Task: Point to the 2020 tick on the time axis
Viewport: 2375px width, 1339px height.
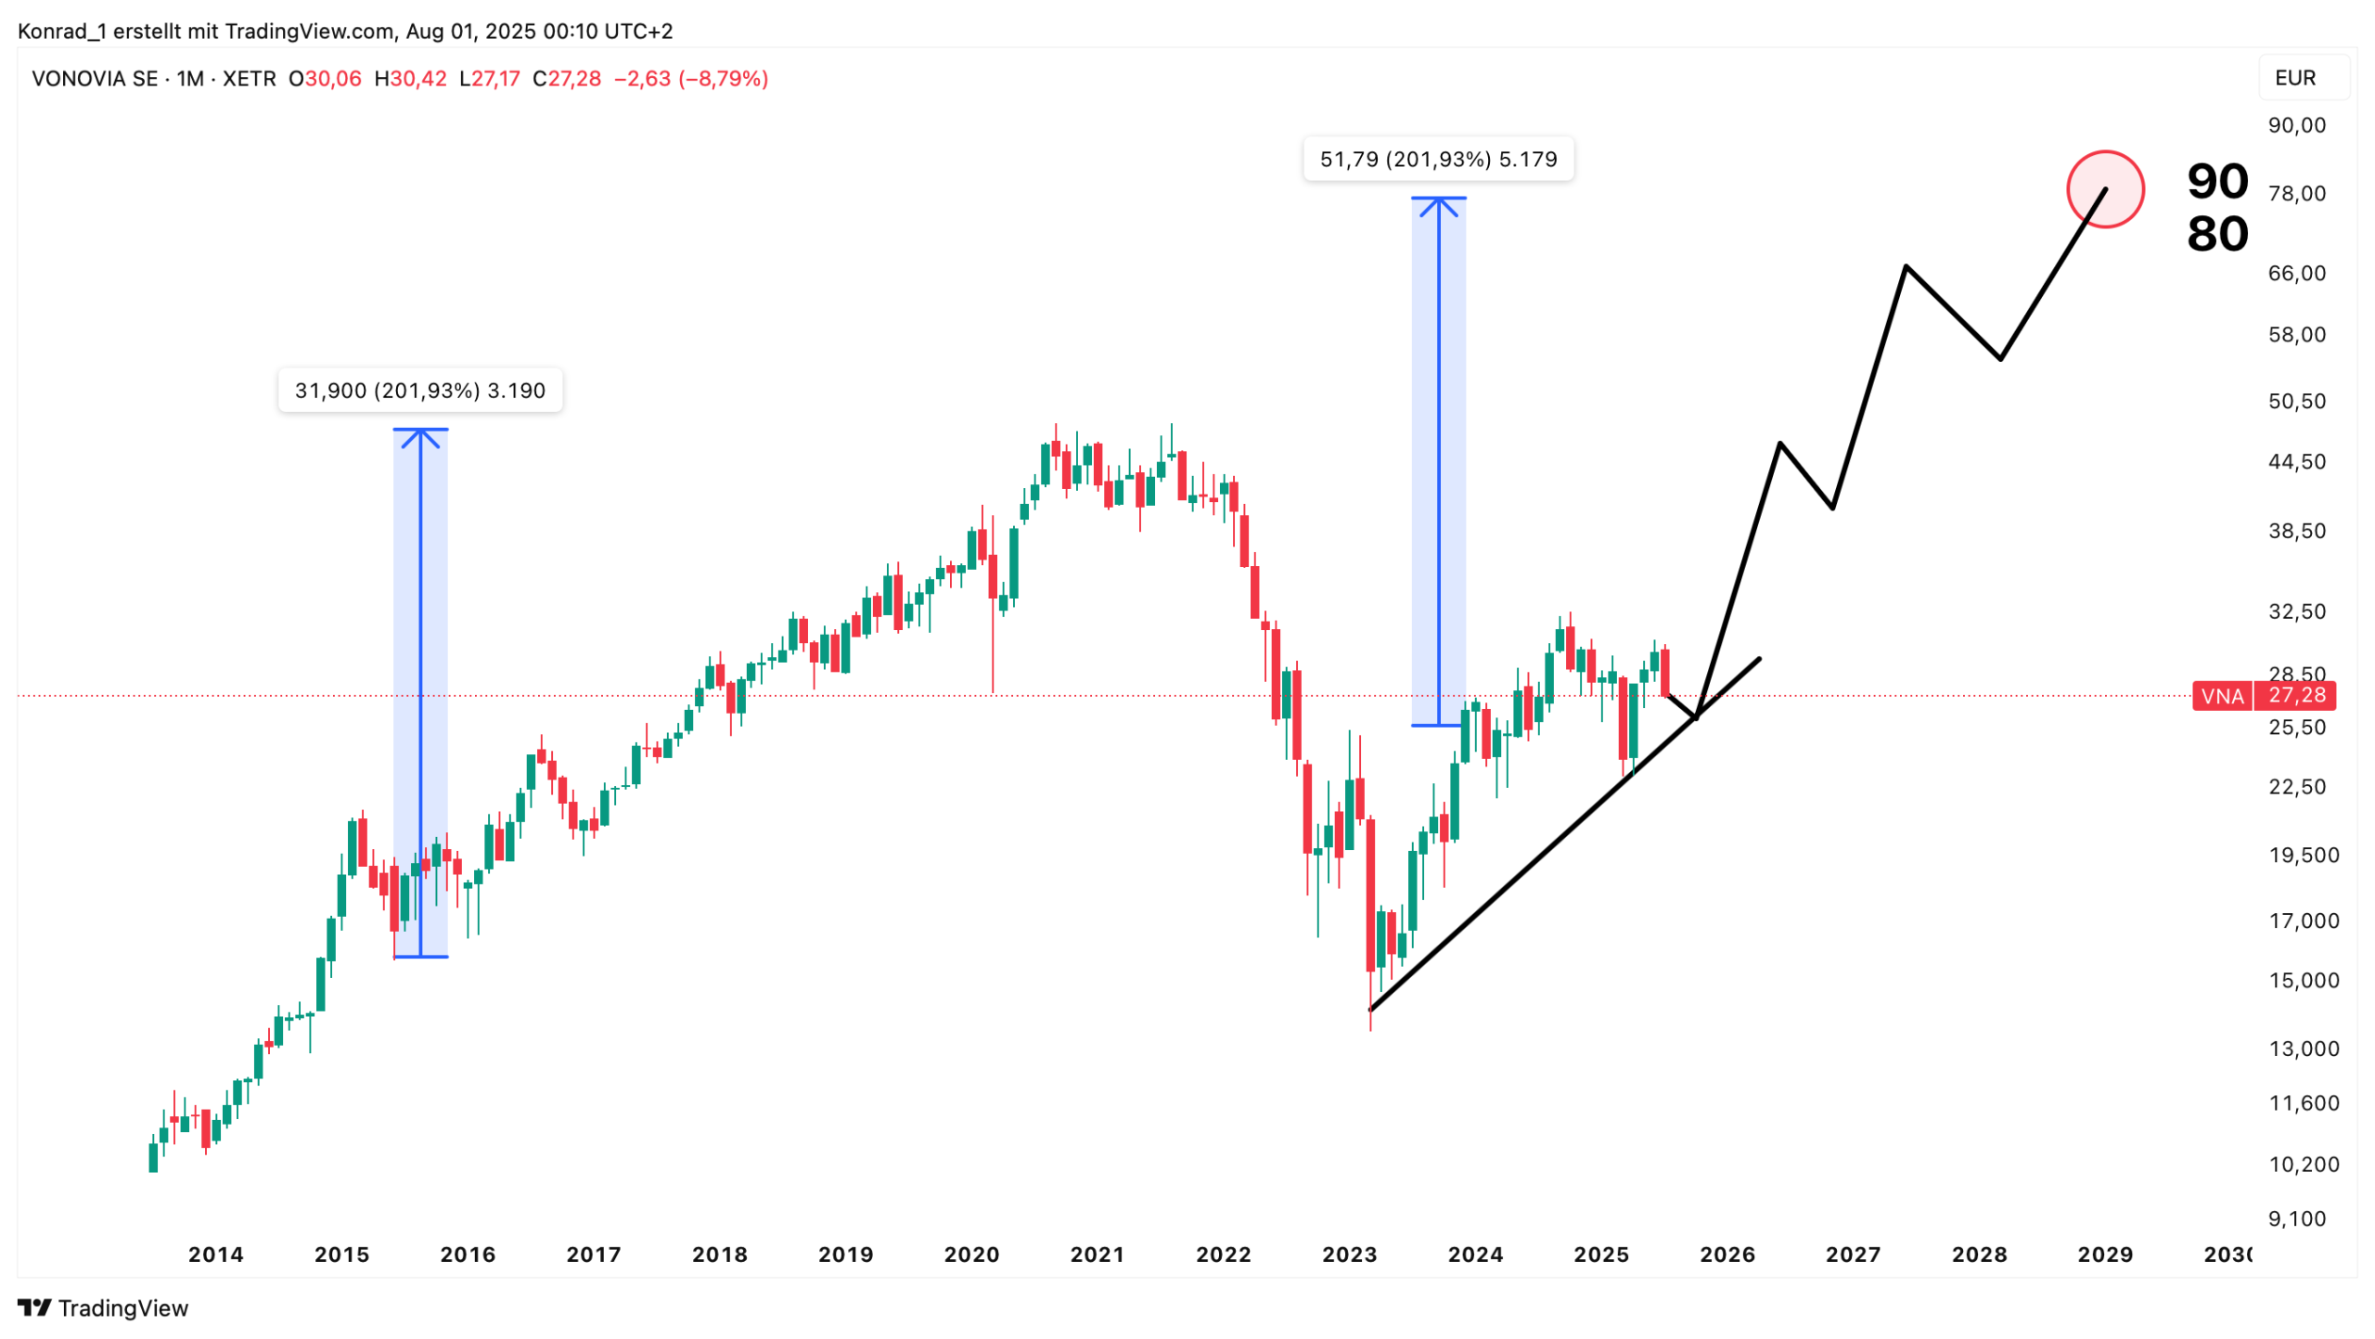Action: (970, 1254)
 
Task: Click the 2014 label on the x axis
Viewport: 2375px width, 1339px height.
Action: (215, 1254)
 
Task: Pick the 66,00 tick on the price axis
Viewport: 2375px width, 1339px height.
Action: (2296, 273)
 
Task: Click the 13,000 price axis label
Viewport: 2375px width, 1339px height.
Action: (2303, 1048)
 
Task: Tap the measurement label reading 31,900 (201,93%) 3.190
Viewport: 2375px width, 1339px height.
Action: (419, 391)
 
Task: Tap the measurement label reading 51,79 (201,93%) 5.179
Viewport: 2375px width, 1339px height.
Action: (1437, 159)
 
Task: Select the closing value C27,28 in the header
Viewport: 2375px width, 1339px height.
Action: (566, 79)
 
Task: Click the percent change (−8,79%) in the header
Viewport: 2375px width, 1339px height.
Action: (723, 79)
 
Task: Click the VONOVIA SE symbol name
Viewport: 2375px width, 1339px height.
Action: (95, 79)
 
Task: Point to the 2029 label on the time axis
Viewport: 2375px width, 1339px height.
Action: (2104, 1254)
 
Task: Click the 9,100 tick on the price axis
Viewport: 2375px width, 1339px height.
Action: (2296, 1218)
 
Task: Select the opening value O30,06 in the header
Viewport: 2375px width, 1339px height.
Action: (325, 79)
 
